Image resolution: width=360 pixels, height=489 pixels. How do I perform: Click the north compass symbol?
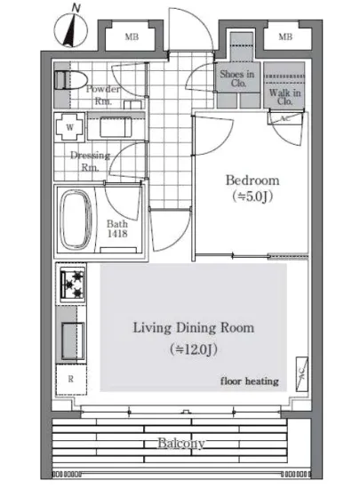tap(71, 30)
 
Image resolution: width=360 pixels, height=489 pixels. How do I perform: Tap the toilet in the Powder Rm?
tap(70, 80)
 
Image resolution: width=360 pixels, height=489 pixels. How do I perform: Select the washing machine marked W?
tap(70, 127)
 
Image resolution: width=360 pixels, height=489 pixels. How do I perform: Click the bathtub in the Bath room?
tap(76, 220)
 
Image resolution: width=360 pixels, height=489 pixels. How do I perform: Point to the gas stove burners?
tap(73, 285)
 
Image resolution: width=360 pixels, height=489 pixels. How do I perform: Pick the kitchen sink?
tap(73, 341)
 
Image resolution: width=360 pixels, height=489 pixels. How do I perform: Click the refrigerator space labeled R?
tap(71, 380)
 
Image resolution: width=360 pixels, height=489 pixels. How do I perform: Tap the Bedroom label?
tap(252, 180)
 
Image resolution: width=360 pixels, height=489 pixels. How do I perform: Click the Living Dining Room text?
tap(194, 328)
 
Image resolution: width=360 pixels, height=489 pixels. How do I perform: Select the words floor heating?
tap(250, 381)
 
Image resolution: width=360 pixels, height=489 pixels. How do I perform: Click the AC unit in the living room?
tap(301, 373)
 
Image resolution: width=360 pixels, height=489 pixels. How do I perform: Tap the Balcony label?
tap(181, 443)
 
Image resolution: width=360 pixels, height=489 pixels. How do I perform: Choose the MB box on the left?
tap(132, 37)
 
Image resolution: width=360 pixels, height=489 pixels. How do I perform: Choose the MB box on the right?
tap(285, 37)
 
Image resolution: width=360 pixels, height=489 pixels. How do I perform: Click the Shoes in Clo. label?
tap(237, 78)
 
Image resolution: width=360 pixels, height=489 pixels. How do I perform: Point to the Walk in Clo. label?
tap(284, 97)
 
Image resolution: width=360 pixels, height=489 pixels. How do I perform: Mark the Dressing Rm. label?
tap(91, 161)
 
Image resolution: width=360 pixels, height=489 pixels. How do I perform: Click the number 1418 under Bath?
tap(117, 234)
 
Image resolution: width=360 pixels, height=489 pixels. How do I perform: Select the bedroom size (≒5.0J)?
tap(252, 196)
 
